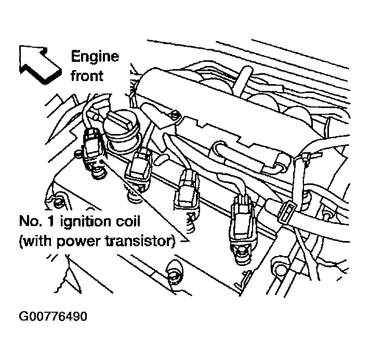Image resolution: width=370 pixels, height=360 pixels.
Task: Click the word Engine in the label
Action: pyautogui.click(x=95, y=56)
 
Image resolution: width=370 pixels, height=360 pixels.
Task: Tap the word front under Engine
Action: pyautogui.click(x=87, y=75)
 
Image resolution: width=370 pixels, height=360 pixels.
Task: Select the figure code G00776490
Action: pyautogui.click(x=52, y=316)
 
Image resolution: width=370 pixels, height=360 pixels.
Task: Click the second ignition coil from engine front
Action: pyautogui.click(x=139, y=169)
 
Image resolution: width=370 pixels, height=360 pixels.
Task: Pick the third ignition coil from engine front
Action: pyautogui.click(x=188, y=190)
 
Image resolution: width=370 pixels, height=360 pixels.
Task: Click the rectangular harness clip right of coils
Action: pyautogui.click(x=286, y=212)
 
